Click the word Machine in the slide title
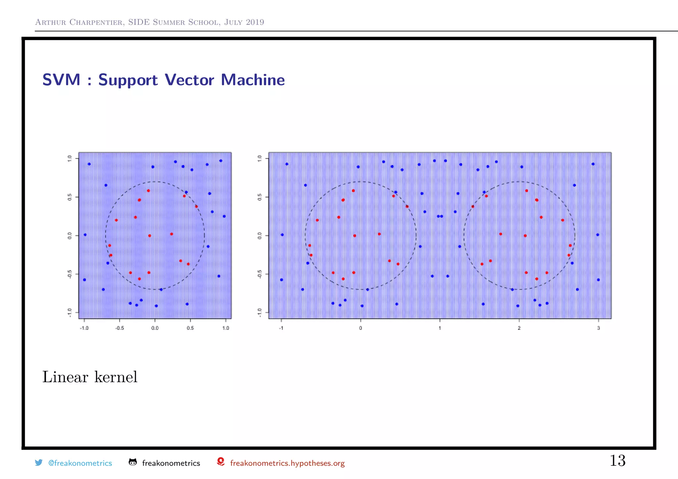[x=253, y=80]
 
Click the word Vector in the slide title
[x=189, y=80]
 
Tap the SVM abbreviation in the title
[x=62, y=80]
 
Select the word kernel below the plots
[x=116, y=377]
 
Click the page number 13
[x=617, y=461]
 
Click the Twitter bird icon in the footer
[x=39, y=462]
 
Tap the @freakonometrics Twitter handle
[x=80, y=463]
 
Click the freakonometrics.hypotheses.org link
[x=287, y=463]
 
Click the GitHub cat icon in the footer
[x=132, y=462]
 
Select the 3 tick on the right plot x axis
[x=598, y=328]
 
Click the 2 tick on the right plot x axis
[x=519, y=328]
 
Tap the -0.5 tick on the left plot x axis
[x=120, y=328]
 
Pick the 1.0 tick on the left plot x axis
[x=225, y=328]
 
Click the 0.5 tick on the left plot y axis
[x=70, y=197]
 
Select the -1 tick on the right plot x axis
[x=281, y=328]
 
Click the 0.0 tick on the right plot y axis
[x=260, y=236]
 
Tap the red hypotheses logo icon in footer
[x=220, y=462]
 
